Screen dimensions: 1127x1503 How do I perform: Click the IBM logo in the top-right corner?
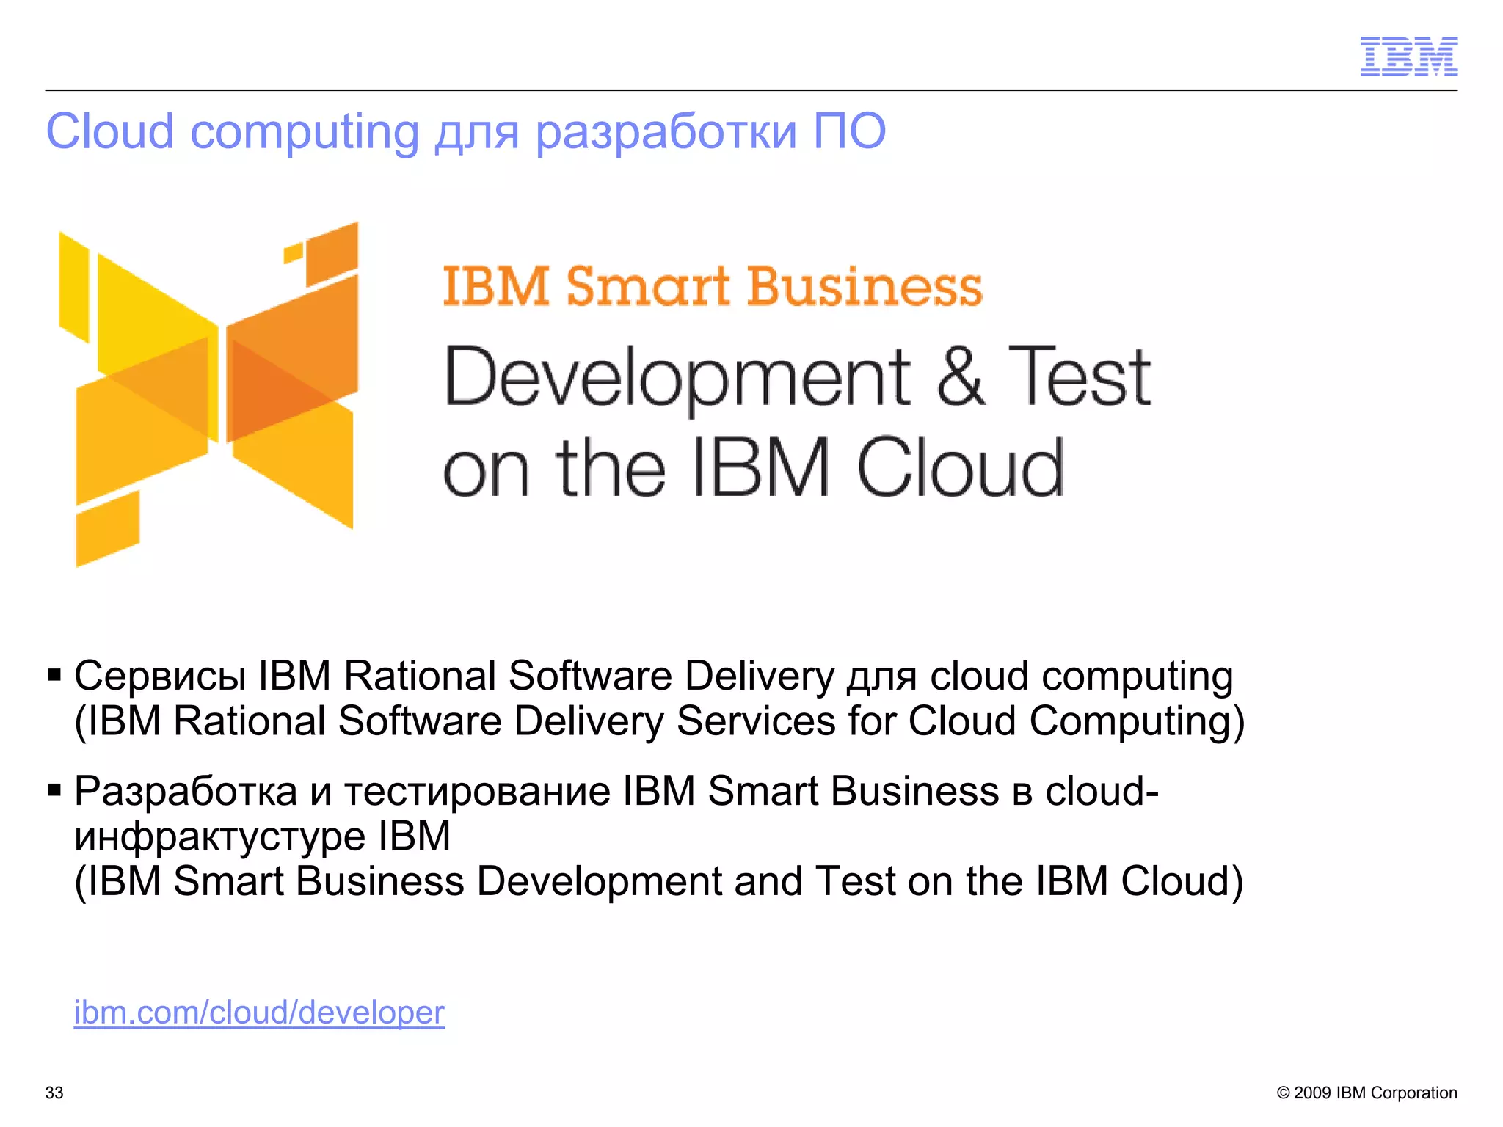tap(1408, 56)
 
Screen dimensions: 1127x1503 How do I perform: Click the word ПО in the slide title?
tap(849, 132)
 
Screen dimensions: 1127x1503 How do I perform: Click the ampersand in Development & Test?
tap(960, 376)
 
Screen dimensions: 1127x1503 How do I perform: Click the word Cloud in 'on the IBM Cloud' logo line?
tap(960, 468)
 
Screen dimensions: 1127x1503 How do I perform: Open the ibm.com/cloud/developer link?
tap(259, 1013)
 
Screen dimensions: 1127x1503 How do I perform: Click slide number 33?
tap(54, 1093)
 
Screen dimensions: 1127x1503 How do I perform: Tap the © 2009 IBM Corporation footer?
tap(1366, 1093)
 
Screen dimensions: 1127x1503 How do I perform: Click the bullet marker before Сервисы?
tap(54, 674)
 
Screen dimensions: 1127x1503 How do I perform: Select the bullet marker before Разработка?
tap(54, 790)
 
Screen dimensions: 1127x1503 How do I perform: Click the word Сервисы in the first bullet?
tap(160, 676)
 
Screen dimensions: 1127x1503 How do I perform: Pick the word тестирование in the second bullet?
tap(477, 792)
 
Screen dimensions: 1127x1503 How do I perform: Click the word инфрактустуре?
tap(219, 837)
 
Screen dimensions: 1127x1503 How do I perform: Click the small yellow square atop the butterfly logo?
tap(293, 252)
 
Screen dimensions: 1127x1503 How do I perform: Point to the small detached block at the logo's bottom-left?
tap(107, 528)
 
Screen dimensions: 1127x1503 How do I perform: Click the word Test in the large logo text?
tap(1079, 376)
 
